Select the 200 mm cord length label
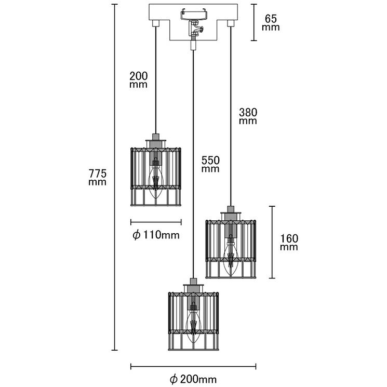(x=138, y=79)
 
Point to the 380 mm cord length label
(x=248, y=116)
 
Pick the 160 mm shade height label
(x=289, y=243)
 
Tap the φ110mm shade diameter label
(x=156, y=235)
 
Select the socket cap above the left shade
(x=155, y=140)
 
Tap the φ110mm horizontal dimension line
(x=155, y=222)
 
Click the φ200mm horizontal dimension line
(x=194, y=366)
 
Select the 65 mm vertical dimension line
(x=253, y=22)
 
